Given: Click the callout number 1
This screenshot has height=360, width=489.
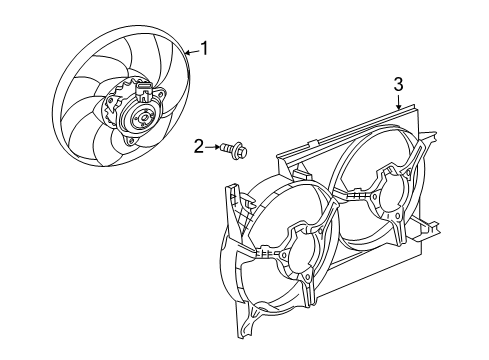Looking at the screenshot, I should (206, 47).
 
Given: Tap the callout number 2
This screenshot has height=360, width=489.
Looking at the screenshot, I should (199, 148).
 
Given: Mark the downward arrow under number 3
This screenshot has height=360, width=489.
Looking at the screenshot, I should (397, 101).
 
